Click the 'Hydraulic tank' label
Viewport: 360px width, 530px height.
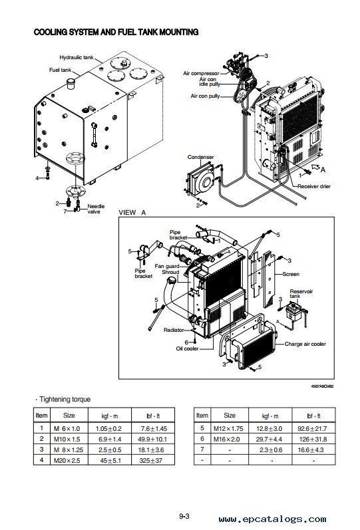[x=77, y=57]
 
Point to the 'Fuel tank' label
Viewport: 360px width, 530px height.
[x=61, y=70]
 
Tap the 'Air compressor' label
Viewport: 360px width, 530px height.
[x=201, y=73]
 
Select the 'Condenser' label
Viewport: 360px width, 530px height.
[x=201, y=157]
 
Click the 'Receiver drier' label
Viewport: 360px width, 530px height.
[x=314, y=186]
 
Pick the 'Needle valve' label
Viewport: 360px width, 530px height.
[x=96, y=209]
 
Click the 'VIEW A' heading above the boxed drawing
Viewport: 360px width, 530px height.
[x=132, y=213]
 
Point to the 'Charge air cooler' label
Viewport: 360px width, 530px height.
[x=305, y=344]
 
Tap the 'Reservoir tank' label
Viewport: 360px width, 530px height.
[x=301, y=294]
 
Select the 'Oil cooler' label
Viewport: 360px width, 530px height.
[x=187, y=348]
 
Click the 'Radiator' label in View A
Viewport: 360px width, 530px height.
[x=174, y=330]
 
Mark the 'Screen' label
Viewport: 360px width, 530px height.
[x=291, y=274]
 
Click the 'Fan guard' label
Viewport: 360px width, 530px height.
[x=167, y=267]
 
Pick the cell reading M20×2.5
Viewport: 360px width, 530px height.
[x=67, y=460]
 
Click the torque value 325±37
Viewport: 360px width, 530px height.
[x=151, y=460]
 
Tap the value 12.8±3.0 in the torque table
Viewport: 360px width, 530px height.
[x=269, y=429]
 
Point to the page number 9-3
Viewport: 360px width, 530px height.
[x=184, y=516]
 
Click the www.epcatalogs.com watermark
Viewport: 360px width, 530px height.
[x=272, y=519]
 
